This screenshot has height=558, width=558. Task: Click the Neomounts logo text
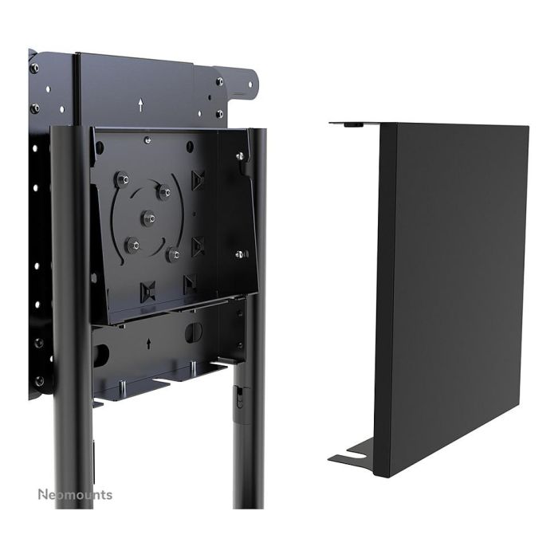tap(75, 494)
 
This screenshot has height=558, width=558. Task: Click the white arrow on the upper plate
tap(141, 104)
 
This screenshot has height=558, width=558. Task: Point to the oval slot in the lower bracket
tap(194, 332)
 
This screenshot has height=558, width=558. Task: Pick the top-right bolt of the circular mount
tap(164, 191)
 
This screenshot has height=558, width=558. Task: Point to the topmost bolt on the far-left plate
tap(33, 68)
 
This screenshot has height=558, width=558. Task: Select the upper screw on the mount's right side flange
tap(239, 157)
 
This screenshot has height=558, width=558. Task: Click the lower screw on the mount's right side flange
tap(239, 254)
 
